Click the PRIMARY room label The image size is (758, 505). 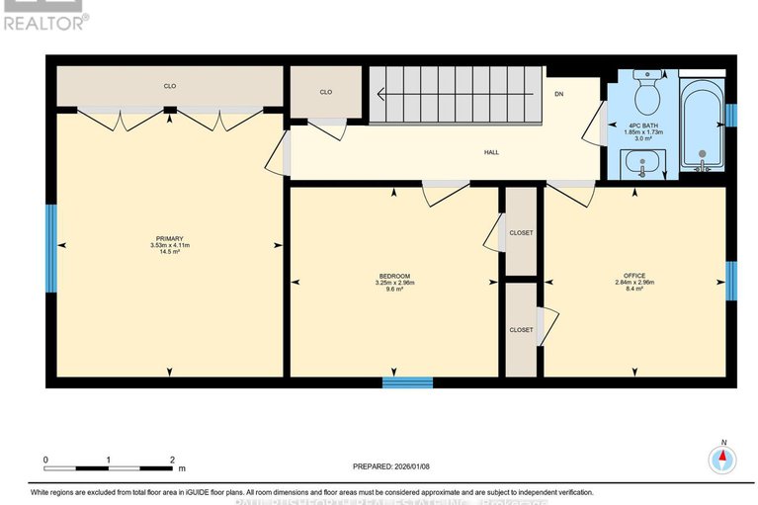(169, 238)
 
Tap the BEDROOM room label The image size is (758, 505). (394, 276)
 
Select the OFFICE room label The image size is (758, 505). (633, 276)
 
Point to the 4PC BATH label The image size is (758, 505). (644, 126)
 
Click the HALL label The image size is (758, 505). (491, 153)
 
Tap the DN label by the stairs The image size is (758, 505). (559, 94)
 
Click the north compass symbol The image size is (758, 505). (723, 459)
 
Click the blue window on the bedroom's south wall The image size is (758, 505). (407, 381)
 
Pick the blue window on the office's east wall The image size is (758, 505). (731, 281)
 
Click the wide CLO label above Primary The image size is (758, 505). (170, 87)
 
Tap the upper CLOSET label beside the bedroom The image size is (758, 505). (521, 232)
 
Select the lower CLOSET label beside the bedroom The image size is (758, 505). (521, 329)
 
